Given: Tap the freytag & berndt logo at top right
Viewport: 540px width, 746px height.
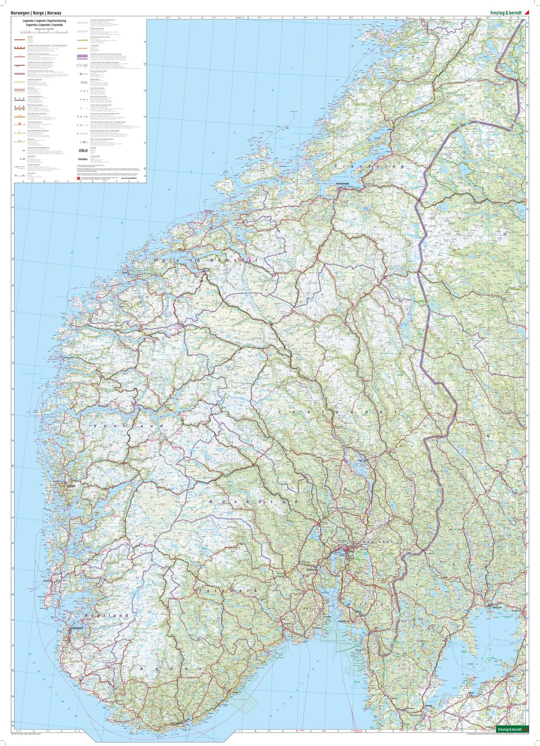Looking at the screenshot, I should [505, 13].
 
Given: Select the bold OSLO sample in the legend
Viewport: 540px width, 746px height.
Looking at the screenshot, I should [83, 151].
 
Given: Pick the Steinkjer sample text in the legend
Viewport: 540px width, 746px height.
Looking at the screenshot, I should [83, 159].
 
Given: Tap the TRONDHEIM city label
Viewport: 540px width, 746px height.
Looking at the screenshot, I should [343, 183].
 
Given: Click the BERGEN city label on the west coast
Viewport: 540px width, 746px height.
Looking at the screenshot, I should [71, 486].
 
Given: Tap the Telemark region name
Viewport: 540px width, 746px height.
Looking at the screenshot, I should [228, 591].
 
